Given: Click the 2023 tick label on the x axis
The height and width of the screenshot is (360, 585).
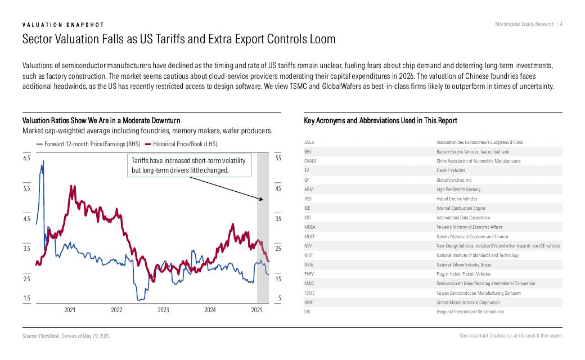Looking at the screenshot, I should point(163,310).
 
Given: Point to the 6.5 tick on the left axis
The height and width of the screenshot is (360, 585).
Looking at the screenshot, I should point(26,159).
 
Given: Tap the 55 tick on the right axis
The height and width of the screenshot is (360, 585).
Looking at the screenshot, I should point(278,159).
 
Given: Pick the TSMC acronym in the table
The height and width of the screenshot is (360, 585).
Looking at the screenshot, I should point(309,293).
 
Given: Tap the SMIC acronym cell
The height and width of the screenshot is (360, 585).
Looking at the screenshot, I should point(309,283).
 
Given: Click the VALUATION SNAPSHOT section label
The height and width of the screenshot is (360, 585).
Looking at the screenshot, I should point(63,25).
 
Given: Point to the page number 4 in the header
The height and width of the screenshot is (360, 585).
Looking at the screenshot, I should point(561,24).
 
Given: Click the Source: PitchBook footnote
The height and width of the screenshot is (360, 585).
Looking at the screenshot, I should point(66,336).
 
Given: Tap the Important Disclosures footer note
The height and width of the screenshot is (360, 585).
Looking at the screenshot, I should point(511,336).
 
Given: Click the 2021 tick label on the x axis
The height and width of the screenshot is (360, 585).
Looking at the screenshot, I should point(70,310).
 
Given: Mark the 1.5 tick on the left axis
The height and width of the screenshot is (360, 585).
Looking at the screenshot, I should point(26,298).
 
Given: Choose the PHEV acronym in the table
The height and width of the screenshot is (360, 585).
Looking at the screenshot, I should point(309,274).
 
